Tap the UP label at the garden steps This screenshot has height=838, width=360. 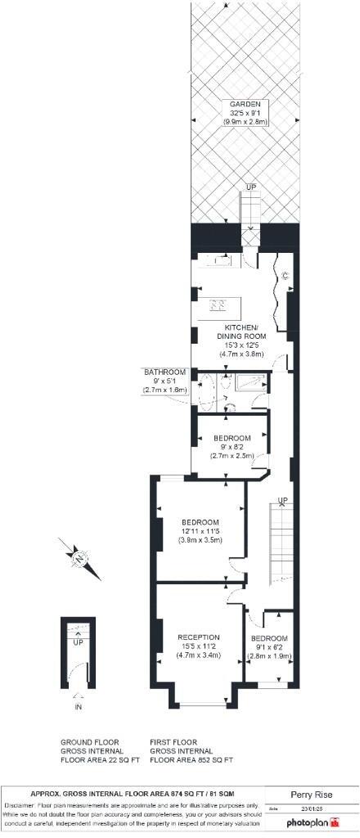point(250,187)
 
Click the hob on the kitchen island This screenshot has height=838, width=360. point(218,306)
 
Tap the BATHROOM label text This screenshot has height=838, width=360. point(165,372)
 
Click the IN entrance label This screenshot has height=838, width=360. point(79,705)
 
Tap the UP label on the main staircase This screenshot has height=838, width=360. point(282,500)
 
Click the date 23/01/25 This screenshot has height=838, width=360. point(313,809)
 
